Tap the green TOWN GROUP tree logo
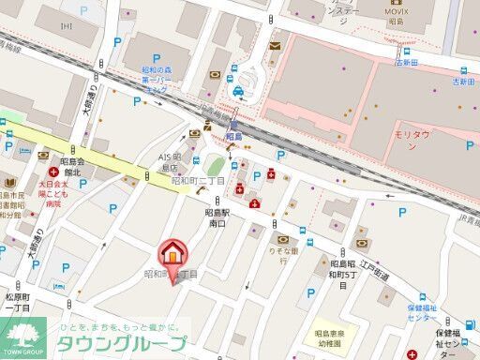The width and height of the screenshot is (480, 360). coord(25,334)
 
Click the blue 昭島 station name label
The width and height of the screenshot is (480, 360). coord(233,136)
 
